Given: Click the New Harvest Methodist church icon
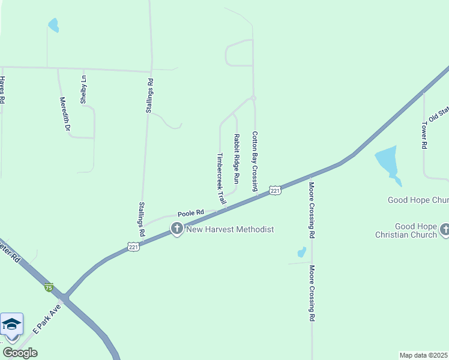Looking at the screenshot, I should (176, 229).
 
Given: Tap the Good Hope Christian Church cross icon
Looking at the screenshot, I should (445, 229).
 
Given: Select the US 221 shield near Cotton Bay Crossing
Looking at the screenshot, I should (274, 190).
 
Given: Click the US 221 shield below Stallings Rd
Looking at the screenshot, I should (133, 247).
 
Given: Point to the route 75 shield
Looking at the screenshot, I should (49, 287).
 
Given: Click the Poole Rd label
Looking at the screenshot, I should (191, 212).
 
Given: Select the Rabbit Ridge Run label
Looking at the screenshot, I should (237, 158).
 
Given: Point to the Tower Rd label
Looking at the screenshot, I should (424, 136).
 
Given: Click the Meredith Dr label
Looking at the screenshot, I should (65, 114).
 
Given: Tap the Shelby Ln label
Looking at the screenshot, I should (83, 89).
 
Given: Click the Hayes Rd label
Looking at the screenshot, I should (2, 91).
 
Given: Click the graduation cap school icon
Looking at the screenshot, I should (11, 325).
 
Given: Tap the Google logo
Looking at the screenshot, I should (20, 353).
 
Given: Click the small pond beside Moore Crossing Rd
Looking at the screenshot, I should (301, 252).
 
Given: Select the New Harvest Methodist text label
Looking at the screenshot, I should (230, 229).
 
